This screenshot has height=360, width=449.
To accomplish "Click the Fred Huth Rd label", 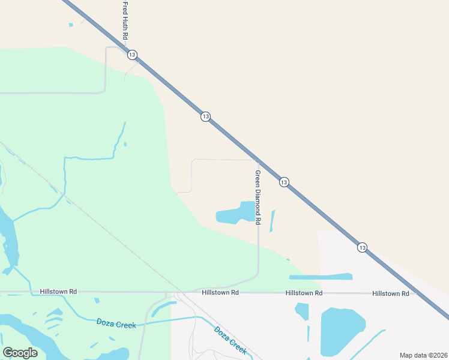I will coord(125,21).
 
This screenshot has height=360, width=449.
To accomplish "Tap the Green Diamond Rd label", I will coord(258,197).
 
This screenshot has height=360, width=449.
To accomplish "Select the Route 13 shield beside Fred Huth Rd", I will coord(132,55).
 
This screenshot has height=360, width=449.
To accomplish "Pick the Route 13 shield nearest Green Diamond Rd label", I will coord(284,182).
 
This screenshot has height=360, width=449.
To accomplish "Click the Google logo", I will coord(20,352).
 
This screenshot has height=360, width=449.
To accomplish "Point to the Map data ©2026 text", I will coord(423,355).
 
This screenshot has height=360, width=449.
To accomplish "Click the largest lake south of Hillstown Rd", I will coord(342,332).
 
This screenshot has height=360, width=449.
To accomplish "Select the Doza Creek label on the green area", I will coord(116,323).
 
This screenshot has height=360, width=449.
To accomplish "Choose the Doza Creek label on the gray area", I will coord(231,340).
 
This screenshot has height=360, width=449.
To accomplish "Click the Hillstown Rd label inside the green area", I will coord(58,292).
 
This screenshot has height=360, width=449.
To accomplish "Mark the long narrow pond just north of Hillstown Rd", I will coord(321,277).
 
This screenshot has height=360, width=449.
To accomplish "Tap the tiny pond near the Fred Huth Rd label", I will coord(71,25).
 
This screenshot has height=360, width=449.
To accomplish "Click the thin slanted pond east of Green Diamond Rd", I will coord(273,221).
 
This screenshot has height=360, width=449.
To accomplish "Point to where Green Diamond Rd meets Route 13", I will coord(257,160).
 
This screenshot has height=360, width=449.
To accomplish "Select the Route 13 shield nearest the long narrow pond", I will coord(362,247).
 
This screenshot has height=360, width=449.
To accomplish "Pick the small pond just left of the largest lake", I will coord(302,311).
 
